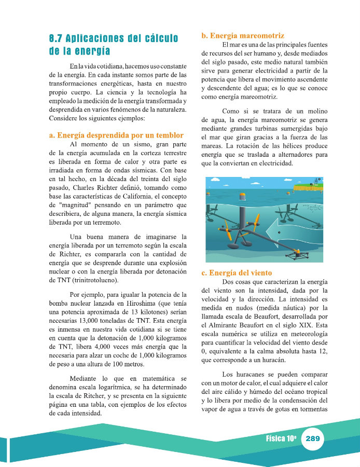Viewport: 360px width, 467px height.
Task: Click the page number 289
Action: tap(312, 438)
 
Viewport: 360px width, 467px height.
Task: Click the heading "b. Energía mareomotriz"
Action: tap(243, 36)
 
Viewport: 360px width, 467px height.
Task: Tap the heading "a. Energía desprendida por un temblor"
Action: tap(116, 135)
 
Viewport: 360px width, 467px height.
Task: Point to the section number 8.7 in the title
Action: tap(56, 39)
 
